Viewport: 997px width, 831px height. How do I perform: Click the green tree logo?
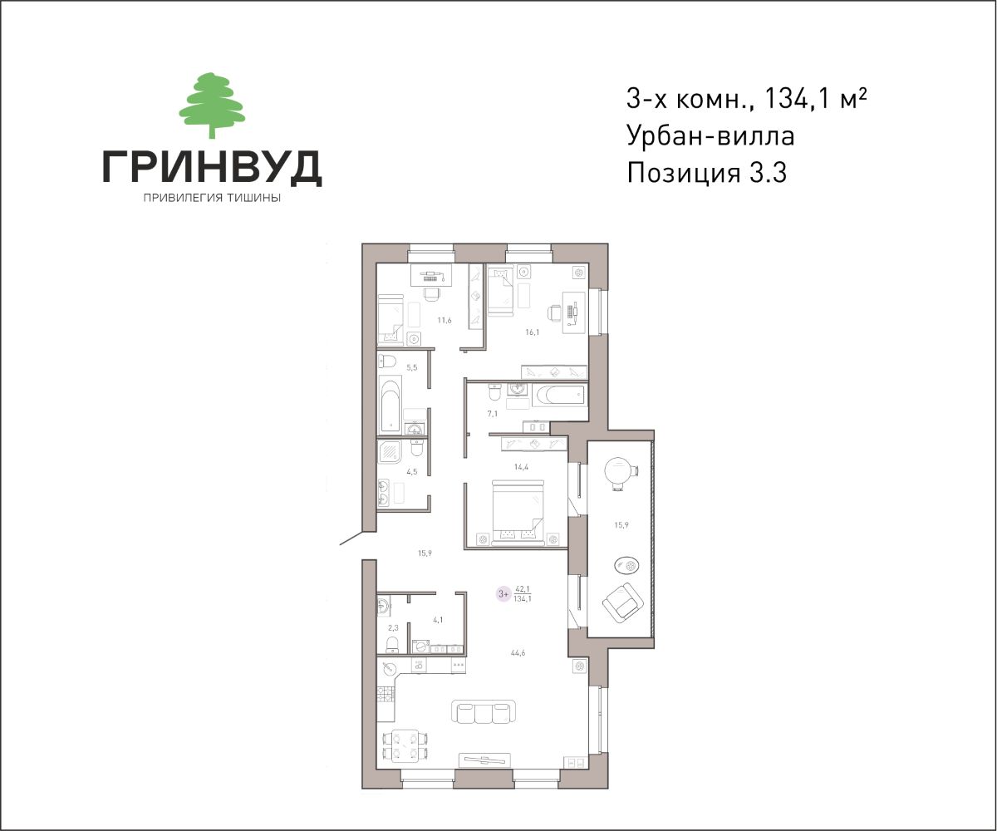[212, 105]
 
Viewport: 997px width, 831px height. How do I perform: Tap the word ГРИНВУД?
[212, 167]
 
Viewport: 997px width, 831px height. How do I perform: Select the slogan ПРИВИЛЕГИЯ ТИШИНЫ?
[212, 199]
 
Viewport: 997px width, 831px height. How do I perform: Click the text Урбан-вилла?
[710, 135]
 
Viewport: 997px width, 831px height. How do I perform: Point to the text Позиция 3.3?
[707, 172]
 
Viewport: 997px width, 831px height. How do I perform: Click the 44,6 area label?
[518, 653]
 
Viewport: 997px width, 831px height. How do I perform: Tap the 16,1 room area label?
[532, 332]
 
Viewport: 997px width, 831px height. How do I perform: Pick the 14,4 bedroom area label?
[521, 467]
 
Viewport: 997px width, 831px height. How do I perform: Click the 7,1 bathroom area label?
[493, 414]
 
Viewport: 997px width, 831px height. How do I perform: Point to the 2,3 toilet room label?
[393, 628]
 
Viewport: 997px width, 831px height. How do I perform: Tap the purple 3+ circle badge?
[503, 594]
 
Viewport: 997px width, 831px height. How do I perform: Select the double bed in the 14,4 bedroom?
[518, 513]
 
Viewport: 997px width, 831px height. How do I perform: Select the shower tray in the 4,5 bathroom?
[389, 452]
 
